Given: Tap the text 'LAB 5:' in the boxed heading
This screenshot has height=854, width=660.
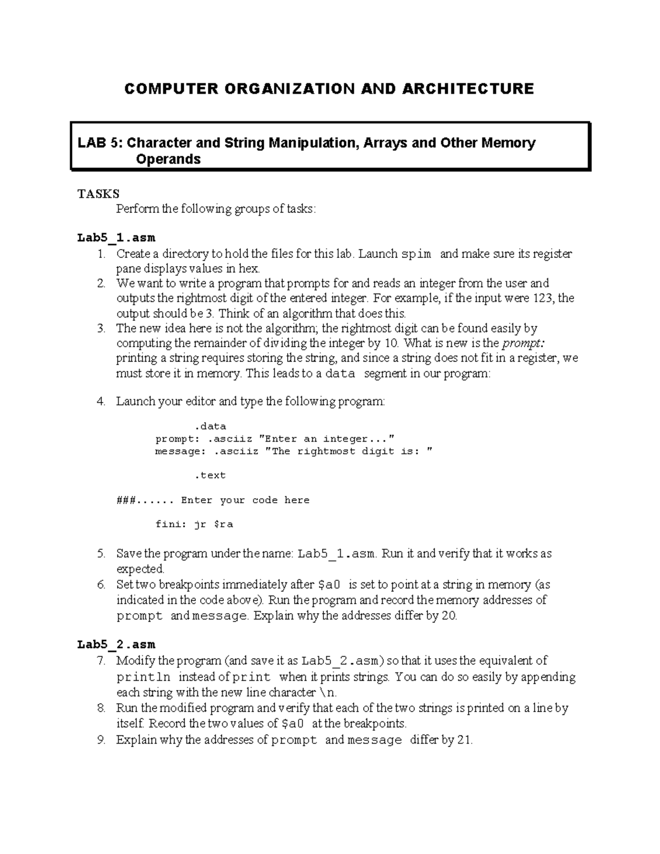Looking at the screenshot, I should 101,143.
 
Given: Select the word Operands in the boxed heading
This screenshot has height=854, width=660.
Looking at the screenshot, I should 168,159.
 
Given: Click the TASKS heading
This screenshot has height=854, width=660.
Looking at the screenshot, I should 98,194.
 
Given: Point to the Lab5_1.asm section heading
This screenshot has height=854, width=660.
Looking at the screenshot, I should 116,238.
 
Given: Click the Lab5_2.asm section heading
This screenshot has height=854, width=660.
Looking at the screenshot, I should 116,644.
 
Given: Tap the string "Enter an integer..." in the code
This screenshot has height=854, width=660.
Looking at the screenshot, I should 327,439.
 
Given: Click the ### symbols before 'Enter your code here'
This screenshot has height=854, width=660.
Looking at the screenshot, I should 125,500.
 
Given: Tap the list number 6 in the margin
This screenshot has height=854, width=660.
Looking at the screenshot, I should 101,585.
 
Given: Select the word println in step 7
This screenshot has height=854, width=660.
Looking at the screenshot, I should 144,677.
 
